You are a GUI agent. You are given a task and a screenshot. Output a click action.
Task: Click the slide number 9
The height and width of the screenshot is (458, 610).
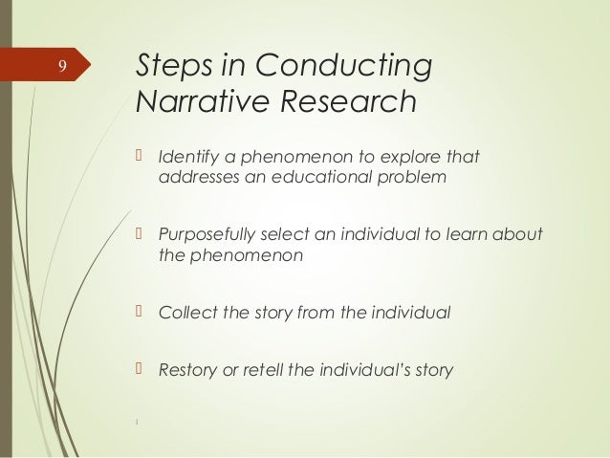tap(61, 66)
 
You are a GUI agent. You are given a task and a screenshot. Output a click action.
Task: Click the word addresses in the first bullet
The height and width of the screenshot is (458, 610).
tap(195, 177)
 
